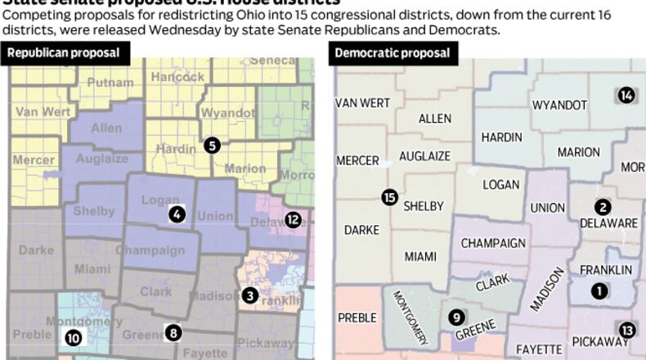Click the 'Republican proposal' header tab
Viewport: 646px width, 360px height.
pyautogui.click(x=65, y=53)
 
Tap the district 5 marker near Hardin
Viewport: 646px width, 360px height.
pyautogui.click(x=212, y=146)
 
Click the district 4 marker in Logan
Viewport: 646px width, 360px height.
pyautogui.click(x=177, y=214)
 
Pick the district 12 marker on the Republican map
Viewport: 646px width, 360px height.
pyautogui.click(x=294, y=219)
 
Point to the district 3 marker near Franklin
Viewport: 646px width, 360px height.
pyautogui.click(x=250, y=295)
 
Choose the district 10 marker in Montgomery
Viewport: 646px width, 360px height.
pyautogui.click(x=74, y=336)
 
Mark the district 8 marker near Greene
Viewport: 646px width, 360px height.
pyautogui.click(x=173, y=332)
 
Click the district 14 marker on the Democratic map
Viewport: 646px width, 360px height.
pyautogui.click(x=626, y=95)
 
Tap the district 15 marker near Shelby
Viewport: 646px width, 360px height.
pyautogui.click(x=389, y=197)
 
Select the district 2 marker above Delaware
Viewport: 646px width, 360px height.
pyautogui.click(x=603, y=207)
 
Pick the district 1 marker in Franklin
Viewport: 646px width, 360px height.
pyautogui.click(x=600, y=290)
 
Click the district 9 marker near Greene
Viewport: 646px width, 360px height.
pyautogui.click(x=457, y=317)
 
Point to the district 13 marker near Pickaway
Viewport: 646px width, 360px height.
pyautogui.click(x=627, y=330)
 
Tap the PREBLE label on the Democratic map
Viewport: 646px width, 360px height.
pyautogui.click(x=357, y=317)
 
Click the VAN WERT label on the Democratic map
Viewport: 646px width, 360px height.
pyautogui.click(x=362, y=102)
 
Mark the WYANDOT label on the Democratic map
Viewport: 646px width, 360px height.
pyautogui.click(x=559, y=105)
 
